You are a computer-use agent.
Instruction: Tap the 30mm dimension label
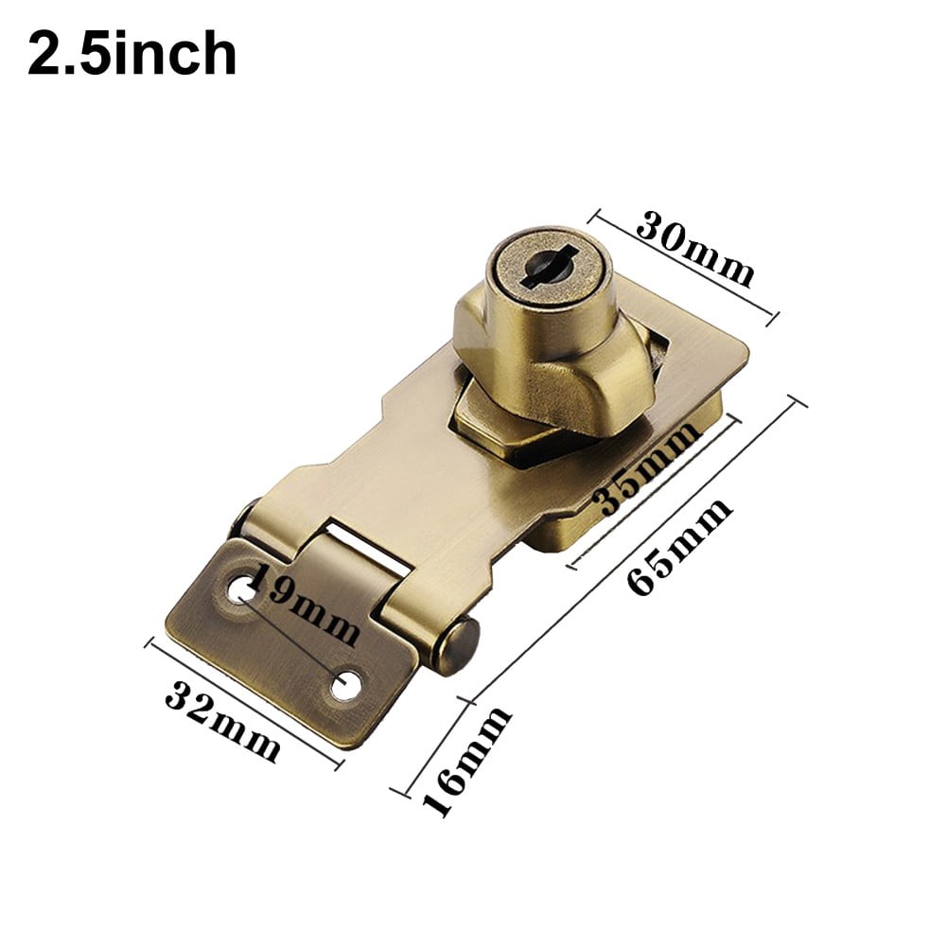(x=695, y=249)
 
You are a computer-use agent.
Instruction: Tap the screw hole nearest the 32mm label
(x=347, y=684)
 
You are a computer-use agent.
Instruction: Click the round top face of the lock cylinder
(x=539, y=265)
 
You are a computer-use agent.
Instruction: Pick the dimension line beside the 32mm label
(x=244, y=701)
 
